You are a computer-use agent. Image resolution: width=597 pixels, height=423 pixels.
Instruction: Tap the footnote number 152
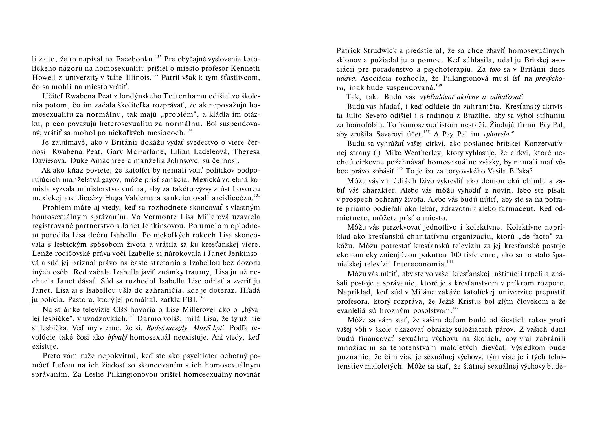point(158,57)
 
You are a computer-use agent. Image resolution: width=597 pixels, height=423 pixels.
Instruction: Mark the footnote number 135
point(257,195)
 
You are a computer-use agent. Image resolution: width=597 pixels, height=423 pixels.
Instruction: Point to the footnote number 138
point(439,85)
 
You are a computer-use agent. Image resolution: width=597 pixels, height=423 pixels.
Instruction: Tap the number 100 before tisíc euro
point(457,255)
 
